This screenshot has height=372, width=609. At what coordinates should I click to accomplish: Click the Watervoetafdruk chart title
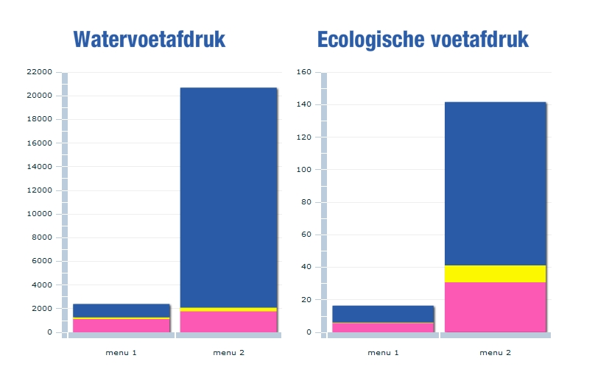pos(149,40)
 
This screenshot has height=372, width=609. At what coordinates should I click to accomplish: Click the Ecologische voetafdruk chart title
pos(423,40)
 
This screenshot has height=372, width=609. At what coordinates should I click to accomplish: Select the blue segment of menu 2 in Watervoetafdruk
pos(228,197)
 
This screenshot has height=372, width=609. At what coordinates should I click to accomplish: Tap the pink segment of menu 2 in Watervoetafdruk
pos(228,321)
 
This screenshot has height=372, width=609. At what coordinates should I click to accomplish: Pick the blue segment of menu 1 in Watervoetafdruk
pos(122,310)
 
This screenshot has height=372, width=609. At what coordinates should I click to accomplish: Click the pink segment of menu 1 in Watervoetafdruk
pos(122,326)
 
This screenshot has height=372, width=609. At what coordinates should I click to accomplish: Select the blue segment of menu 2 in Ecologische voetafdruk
pos(495,184)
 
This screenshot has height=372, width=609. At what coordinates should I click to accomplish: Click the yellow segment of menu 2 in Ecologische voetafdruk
pos(495,273)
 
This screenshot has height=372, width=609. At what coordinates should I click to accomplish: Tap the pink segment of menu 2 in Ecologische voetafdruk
pos(495,307)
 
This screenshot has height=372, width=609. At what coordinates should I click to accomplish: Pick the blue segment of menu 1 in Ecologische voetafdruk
pos(383,314)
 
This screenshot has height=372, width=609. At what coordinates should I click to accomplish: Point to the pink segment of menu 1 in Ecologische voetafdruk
pos(383,328)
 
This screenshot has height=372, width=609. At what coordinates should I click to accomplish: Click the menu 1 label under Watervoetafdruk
pos(122,353)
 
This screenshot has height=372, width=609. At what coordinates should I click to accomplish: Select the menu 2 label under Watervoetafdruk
pos(228,353)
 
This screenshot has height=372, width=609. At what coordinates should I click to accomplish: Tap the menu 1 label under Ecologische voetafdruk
pos(383,353)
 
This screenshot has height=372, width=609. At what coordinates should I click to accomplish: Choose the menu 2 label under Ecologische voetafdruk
pos(495,353)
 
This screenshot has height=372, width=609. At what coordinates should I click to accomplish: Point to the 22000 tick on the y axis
pos(39,72)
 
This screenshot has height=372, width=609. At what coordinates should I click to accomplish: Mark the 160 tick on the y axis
pos(303,72)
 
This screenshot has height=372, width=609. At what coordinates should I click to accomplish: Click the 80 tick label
pos(306,202)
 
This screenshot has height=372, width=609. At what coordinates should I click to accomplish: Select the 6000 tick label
pos(41,261)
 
